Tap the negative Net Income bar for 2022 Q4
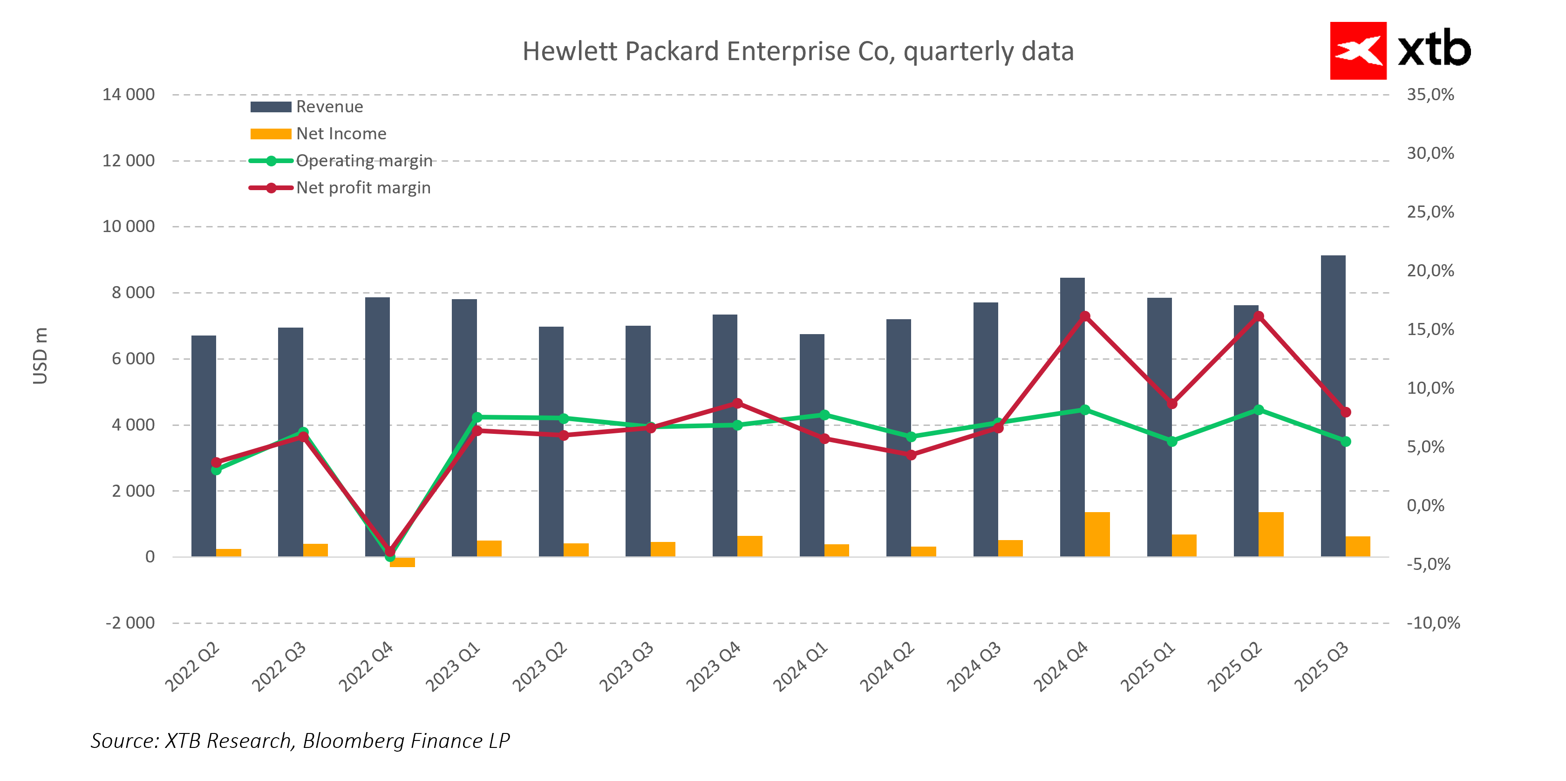coord(402,562)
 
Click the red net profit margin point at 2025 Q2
coord(1259,316)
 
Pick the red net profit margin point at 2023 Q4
coord(737,403)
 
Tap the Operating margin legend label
coord(363,161)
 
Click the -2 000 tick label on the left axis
coord(130,623)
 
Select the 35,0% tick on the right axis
coord(1430,95)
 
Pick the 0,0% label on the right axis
coord(1425,506)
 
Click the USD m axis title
coord(40,356)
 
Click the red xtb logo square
coord(1357,51)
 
